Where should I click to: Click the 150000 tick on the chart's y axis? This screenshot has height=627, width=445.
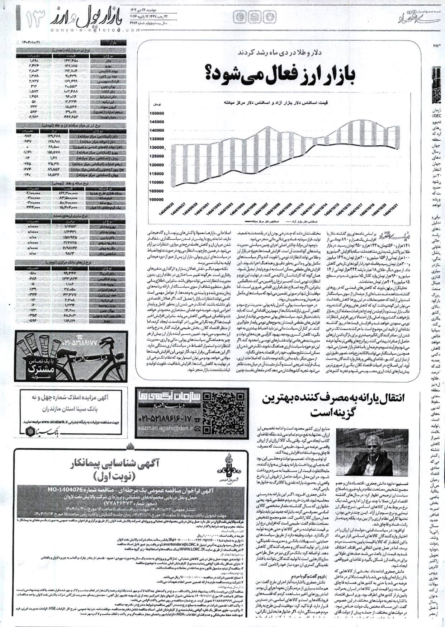click(x=156, y=113)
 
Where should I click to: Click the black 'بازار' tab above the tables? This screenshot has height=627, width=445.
click(x=113, y=43)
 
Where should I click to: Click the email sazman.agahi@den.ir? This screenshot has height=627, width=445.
click(x=171, y=428)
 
